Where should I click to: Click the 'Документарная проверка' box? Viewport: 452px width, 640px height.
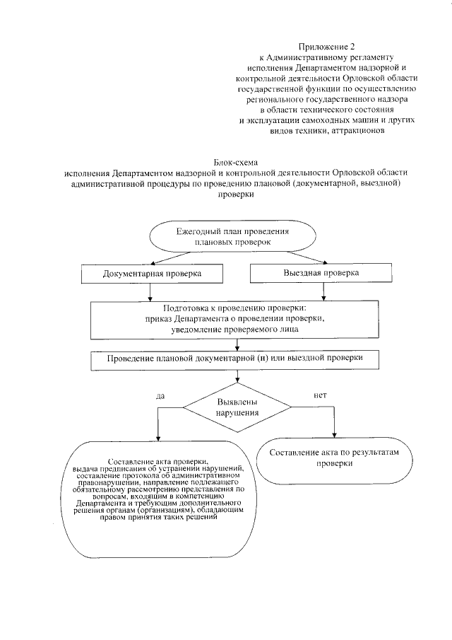coord(152,273)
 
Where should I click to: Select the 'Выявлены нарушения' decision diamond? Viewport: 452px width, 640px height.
coord(237,406)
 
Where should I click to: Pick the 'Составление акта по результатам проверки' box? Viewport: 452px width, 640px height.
coord(334,456)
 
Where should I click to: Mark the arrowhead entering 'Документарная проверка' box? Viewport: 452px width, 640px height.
coord(148,262)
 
